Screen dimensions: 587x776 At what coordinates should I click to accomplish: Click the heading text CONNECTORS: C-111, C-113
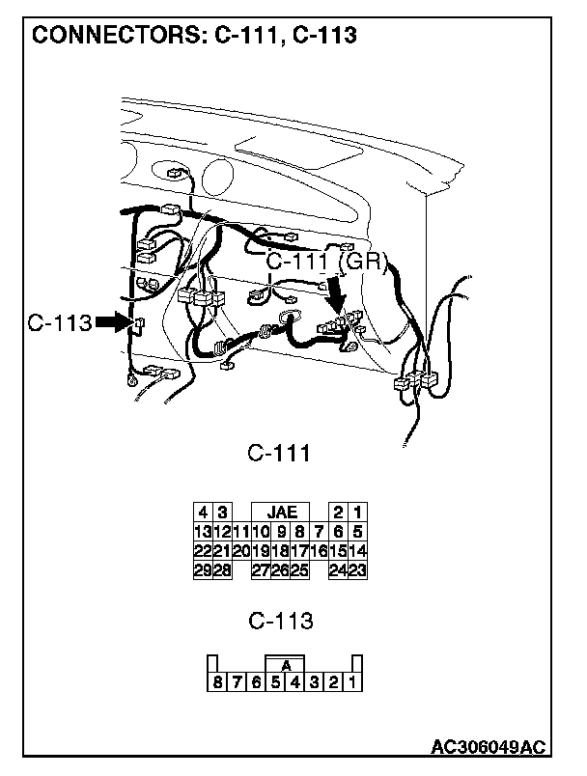click(194, 35)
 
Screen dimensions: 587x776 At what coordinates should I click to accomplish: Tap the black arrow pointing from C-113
click(112, 322)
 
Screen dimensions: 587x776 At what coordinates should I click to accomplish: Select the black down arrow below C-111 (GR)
click(337, 294)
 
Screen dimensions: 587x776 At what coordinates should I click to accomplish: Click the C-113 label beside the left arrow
click(60, 322)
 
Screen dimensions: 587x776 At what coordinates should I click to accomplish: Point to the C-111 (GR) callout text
click(326, 261)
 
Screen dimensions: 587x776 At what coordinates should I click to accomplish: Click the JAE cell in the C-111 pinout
click(281, 513)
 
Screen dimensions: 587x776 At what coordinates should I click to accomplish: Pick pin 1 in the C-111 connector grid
click(358, 513)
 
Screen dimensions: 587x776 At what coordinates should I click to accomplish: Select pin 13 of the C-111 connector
click(203, 532)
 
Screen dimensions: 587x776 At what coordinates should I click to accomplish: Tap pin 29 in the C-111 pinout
click(203, 570)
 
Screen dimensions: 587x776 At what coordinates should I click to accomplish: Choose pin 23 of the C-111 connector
click(358, 570)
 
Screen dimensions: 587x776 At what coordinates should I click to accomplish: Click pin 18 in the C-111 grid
click(281, 551)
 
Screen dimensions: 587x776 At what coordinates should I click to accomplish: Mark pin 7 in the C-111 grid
click(320, 532)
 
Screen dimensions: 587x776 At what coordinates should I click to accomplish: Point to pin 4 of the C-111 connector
click(203, 513)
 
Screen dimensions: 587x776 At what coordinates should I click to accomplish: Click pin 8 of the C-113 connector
click(217, 682)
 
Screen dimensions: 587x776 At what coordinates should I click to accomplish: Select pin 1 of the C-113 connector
click(353, 682)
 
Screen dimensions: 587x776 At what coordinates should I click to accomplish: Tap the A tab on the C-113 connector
click(285, 665)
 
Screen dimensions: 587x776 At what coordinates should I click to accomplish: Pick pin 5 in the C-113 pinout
click(275, 682)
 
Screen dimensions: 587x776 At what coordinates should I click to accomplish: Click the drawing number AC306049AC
click(488, 746)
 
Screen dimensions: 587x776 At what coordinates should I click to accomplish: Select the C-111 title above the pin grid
click(279, 453)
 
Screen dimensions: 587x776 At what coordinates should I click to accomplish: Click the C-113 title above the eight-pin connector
click(281, 620)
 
